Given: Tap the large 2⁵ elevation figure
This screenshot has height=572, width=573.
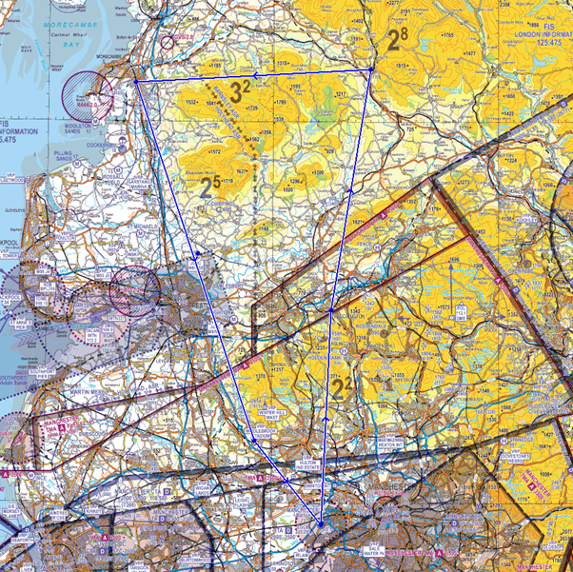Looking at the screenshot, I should coord(211,187).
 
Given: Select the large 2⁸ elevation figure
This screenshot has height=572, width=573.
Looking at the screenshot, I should coord(395,41).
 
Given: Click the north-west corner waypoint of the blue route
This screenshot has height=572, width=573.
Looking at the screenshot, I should coord(136,82).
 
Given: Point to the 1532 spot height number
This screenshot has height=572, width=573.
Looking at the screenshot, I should coord(191,102).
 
